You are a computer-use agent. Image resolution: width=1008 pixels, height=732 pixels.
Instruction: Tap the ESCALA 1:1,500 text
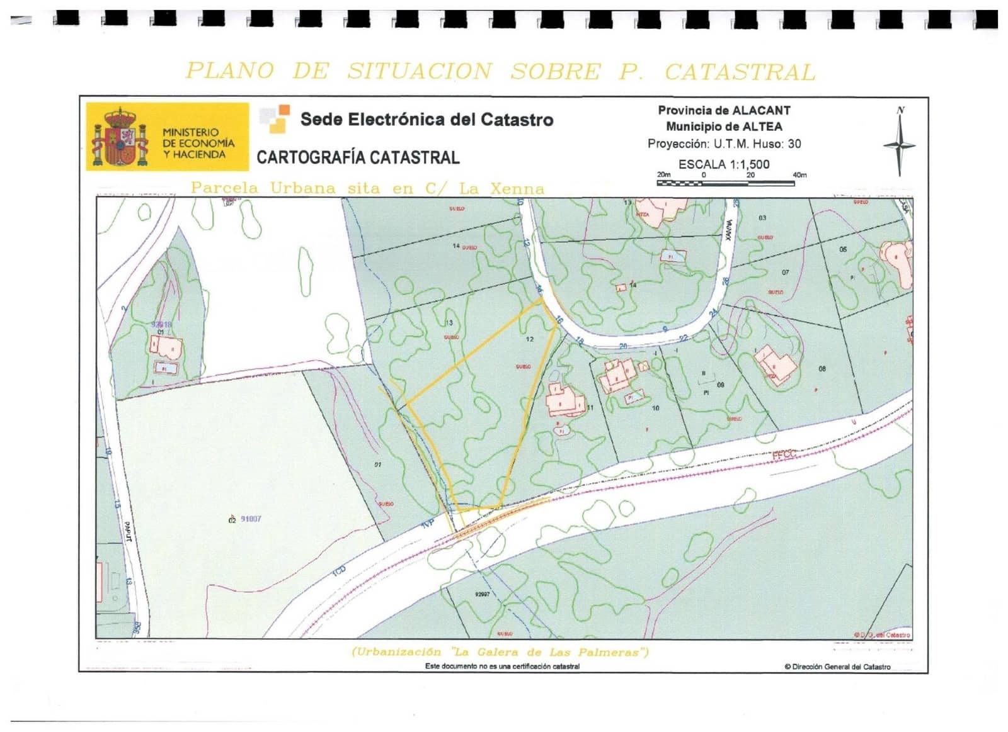[x=724, y=164]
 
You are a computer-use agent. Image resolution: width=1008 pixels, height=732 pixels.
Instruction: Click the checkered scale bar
[x=724, y=183]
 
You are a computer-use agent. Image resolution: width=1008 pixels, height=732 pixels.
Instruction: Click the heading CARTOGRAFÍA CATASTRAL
[x=358, y=157]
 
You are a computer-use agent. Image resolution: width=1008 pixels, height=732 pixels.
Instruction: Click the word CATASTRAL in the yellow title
[x=740, y=72]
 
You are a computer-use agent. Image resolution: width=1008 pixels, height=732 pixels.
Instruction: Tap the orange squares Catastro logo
[x=275, y=119]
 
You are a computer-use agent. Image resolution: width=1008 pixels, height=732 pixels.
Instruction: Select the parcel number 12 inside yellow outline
[x=529, y=339]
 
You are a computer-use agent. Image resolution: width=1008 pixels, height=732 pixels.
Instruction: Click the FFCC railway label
[x=784, y=454]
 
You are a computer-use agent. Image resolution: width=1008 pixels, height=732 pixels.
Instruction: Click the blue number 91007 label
[x=251, y=519]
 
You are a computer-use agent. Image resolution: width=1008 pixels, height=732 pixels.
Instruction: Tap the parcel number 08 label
[x=822, y=369]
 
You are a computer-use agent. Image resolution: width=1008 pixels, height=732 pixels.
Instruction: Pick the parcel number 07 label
[x=785, y=273]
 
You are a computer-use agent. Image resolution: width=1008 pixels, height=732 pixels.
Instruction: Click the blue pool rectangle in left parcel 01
[x=164, y=368]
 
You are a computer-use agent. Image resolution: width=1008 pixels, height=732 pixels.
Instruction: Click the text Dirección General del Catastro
[x=841, y=667]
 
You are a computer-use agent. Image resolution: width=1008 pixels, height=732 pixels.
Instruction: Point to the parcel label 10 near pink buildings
[x=655, y=408]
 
